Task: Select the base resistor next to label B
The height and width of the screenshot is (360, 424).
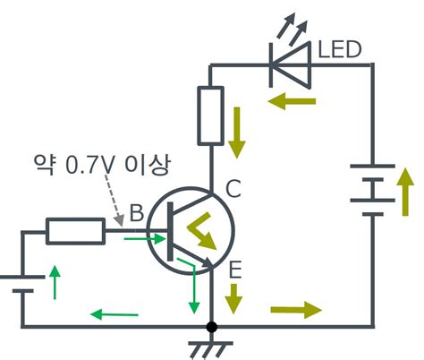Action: click(x=74, y=232)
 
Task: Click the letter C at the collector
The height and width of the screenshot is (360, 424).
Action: click(x=233, y=190)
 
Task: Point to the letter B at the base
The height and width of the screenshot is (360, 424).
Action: click(x=136, y=214)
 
